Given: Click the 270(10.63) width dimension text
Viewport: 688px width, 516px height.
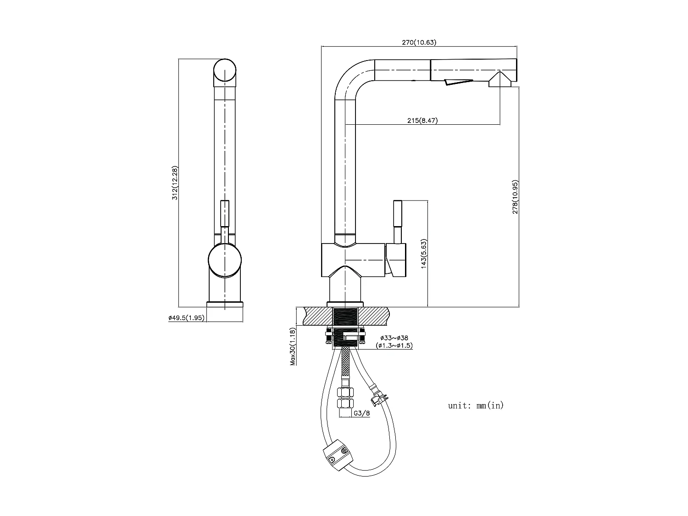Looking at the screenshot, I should coord(419,42).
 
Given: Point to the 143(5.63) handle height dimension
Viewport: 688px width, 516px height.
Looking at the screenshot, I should coord(423,253).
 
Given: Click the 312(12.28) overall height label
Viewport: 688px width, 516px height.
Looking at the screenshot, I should coord(174,183).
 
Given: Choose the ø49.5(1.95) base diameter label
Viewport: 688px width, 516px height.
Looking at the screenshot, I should coord(186,317).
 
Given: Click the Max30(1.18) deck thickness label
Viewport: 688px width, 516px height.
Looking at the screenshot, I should coord(292,346).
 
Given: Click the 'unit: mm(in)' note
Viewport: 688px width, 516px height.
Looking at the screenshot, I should coord(476,405).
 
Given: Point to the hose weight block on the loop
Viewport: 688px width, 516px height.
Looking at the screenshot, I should coord(338,455).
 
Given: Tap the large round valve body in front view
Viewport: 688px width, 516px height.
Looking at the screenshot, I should coord(224,261).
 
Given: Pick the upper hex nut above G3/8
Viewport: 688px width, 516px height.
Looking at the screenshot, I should coord(345,393).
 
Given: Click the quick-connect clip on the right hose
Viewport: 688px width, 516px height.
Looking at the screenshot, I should coord(379,395).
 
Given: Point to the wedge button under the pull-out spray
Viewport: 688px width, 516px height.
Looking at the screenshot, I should coord(457,82).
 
